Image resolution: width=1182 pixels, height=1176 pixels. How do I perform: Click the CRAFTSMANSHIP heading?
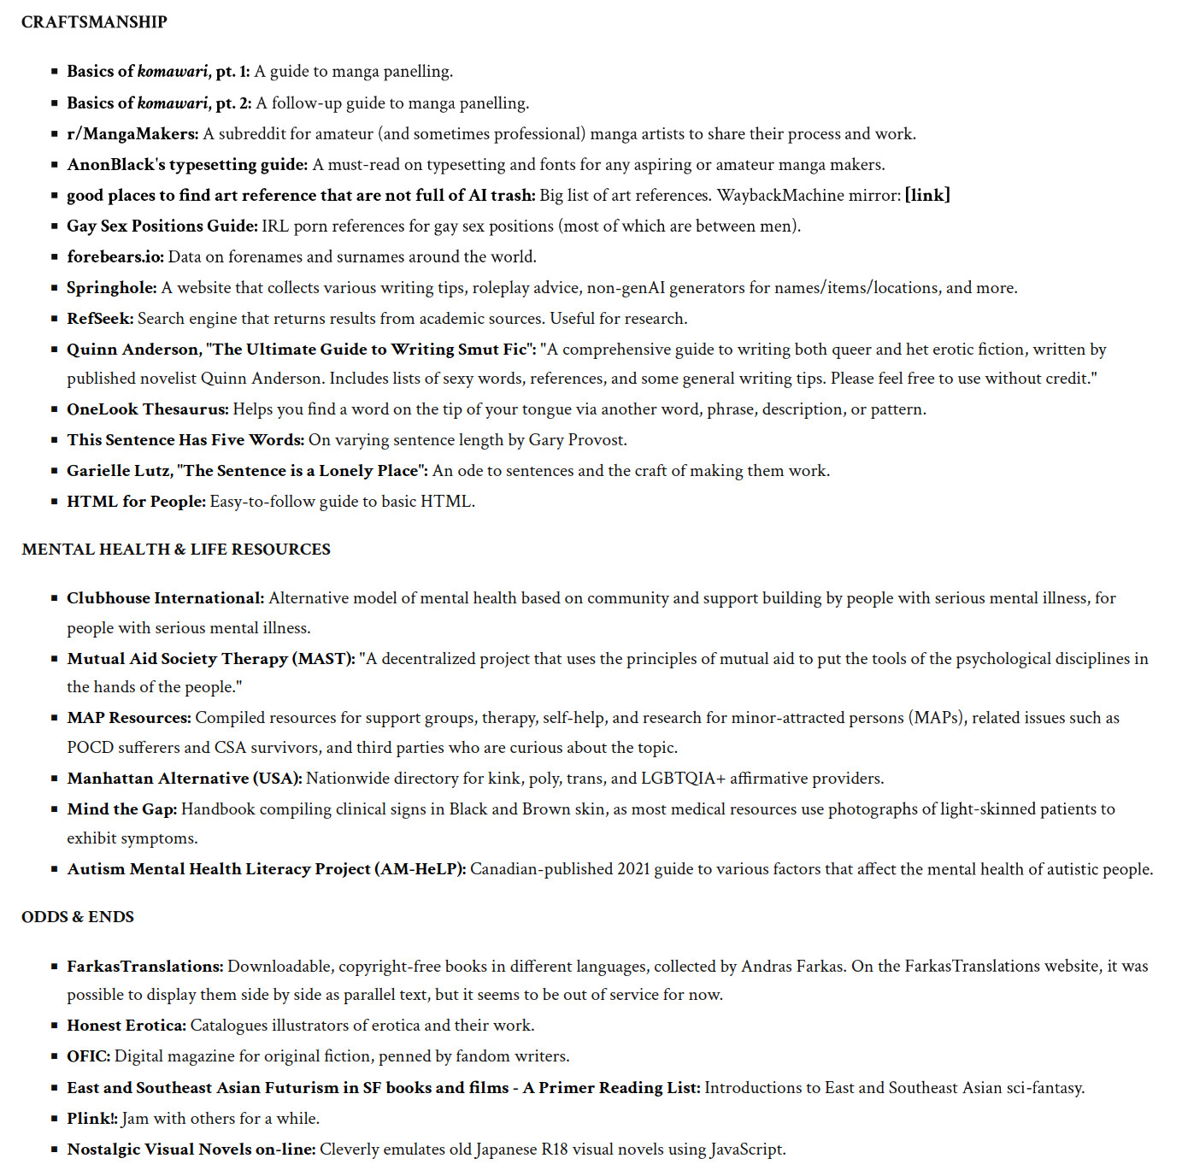94,22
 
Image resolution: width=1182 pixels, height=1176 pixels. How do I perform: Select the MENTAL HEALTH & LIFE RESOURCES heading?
176,550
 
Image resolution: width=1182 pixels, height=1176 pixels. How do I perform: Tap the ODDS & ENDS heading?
78,917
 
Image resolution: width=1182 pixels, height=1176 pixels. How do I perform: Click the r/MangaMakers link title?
132,134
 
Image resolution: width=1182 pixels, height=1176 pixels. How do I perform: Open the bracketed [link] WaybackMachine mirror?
927,196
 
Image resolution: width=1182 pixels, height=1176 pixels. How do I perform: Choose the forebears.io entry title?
115,257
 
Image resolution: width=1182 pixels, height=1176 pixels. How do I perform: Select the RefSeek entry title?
100,319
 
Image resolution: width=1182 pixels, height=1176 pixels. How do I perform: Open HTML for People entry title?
136,502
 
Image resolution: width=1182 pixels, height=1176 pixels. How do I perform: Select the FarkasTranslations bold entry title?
145,967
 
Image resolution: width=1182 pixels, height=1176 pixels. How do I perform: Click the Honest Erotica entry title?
126,1026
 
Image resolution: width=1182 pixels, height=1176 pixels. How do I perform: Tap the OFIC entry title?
89,1056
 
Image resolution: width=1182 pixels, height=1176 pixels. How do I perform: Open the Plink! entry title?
92,1119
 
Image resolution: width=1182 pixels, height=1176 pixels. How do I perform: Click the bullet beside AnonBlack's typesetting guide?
55,165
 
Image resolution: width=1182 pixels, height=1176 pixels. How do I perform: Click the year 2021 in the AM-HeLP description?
633,869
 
